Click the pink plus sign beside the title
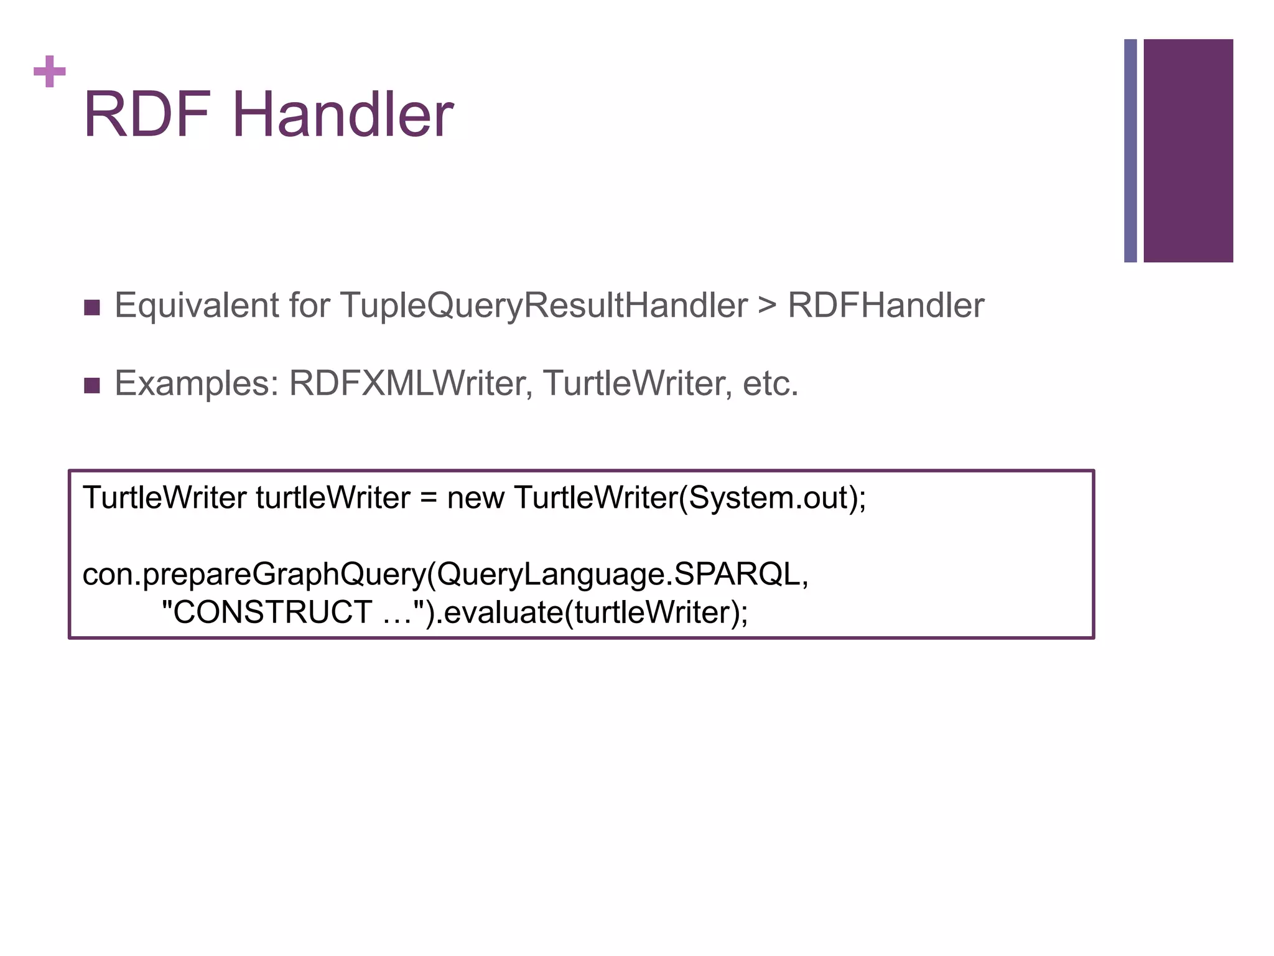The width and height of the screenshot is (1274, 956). point(49,72)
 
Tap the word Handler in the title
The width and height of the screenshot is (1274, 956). point(343,115)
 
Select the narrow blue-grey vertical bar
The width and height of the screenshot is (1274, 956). point(1130,151)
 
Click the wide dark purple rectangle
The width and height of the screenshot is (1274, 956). point(1188,151)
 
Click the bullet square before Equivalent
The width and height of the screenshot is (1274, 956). point(92,307)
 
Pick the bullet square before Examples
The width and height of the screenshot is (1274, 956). point(92,385)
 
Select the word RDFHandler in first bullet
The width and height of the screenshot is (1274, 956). point(886,306)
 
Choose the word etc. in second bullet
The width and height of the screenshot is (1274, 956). point(770,383)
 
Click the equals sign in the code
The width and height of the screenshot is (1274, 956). point(428,499)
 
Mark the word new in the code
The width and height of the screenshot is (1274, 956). point(475,499)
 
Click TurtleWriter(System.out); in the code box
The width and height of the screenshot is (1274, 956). point(690,499)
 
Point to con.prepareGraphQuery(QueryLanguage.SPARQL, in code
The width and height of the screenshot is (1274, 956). point(445,574)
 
